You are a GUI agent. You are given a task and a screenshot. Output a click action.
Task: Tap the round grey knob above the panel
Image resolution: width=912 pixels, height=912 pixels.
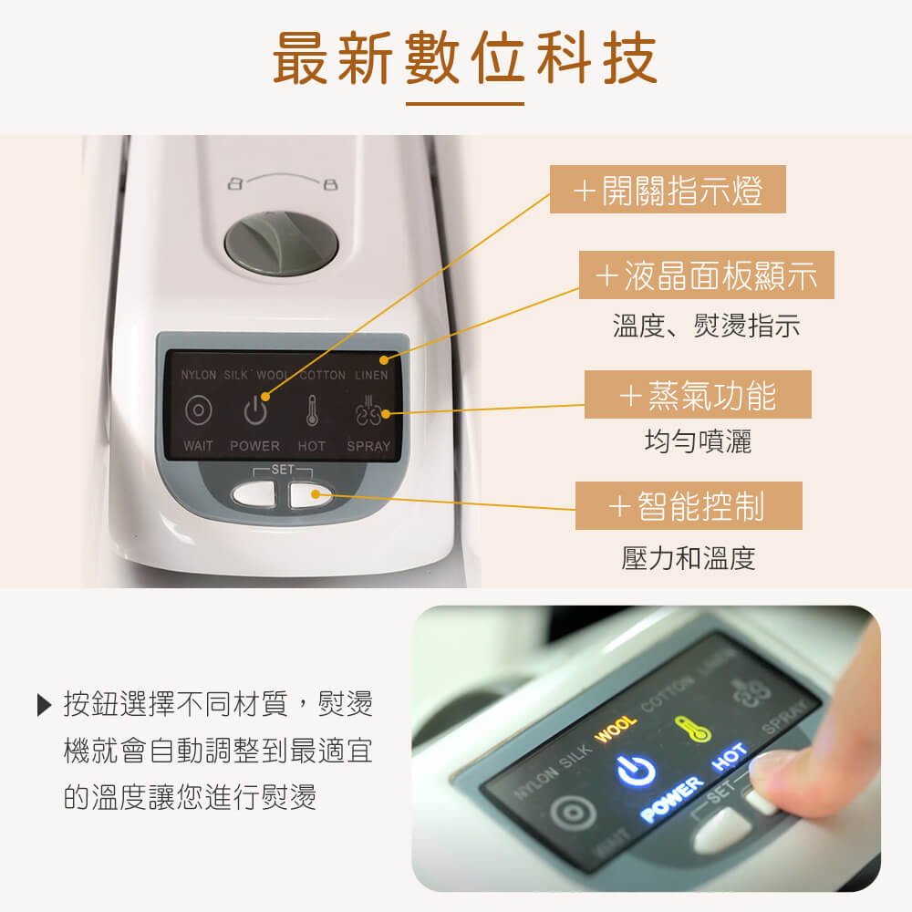click(282, 244)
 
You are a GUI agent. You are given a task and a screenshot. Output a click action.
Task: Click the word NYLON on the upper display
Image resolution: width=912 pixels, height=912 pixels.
click(198, 376)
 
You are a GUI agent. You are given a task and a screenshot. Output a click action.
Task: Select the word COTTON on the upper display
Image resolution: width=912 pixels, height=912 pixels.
click(323, 376)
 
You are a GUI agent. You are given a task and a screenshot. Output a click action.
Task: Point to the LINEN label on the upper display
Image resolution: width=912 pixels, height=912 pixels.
click(371, 376)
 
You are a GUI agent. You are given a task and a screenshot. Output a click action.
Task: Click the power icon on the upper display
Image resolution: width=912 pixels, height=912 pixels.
click(255, 411)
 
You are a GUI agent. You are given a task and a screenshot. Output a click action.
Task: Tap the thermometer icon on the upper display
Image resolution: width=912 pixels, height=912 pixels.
click(312, 411)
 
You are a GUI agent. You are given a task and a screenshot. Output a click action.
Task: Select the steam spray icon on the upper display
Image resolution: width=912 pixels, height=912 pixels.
click(368, 411)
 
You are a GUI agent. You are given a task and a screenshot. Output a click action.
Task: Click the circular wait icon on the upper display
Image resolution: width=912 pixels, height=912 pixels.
click(198, 411)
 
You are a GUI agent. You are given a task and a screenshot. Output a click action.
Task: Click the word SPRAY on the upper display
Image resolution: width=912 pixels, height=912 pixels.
click(368, 446)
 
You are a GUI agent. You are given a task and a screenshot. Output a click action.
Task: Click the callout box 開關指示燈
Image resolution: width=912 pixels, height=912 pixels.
click(668, 191)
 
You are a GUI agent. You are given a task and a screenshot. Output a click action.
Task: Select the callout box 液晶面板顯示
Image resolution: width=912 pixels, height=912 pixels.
click(707, 275)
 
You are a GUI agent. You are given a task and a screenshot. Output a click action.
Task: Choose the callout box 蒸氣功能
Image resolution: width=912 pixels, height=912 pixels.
click(698, 395)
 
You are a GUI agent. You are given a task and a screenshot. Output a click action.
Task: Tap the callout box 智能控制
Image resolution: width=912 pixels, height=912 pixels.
click(689, 506)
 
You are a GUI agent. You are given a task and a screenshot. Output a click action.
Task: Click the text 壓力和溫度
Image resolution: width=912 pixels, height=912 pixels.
click(689, 558)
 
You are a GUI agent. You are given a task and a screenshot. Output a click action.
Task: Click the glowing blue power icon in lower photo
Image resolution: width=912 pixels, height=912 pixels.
click(637, 771)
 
